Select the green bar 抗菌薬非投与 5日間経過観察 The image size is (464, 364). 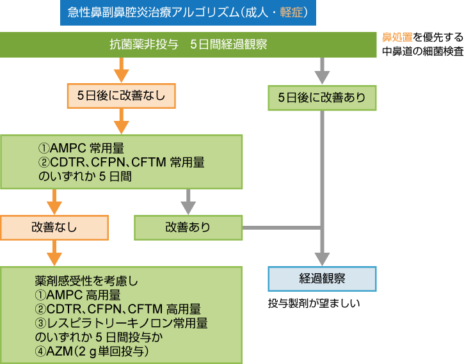coord(188,45)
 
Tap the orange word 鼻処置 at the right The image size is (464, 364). coord(397,38)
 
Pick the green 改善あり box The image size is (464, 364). coord(188,226)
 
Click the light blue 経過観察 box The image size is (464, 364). coord(321,278)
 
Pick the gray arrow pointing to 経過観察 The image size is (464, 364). coord(321,253)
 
